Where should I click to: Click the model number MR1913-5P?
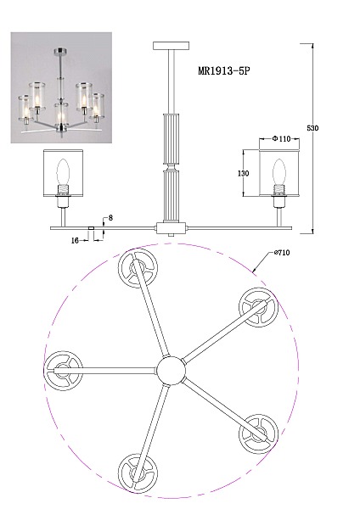(x=224, y=70)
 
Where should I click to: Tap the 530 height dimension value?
(x=312, y=128)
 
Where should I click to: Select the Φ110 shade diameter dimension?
(x=281, y=139)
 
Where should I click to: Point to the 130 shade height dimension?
(x=244, y=173)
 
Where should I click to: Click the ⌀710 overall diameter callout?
(x=282, y=253)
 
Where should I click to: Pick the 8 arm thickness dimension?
(x=110, y=218)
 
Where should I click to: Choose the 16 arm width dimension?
(x=75, y=241)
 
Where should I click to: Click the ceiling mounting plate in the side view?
(x=172, y=46)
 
